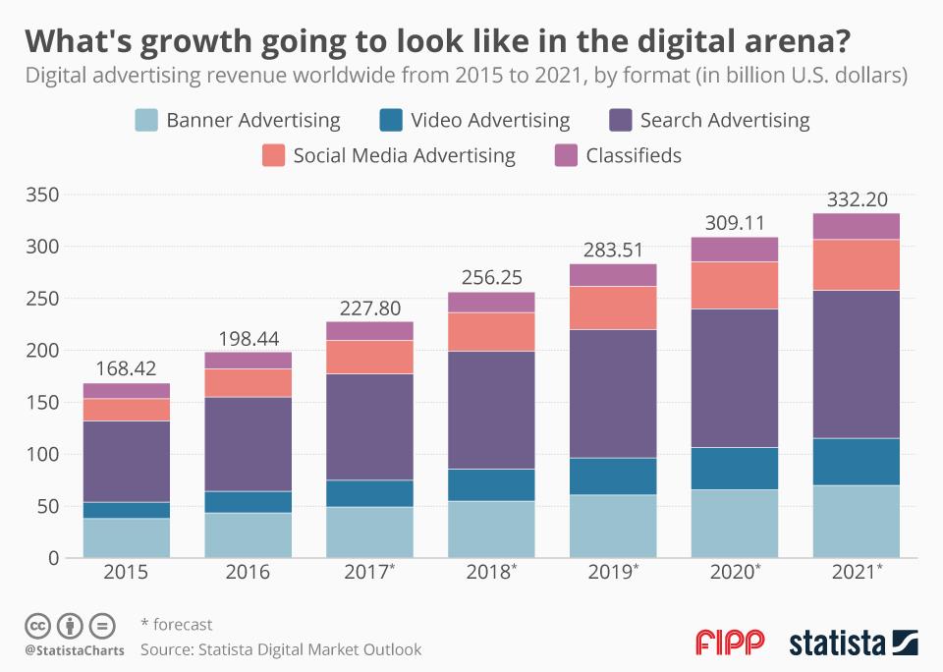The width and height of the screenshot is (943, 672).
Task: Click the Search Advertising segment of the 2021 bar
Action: [x=856, y=364]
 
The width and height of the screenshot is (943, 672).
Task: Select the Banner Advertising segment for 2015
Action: [x=126, y=537]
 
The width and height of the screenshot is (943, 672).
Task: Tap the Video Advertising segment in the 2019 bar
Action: [x=612, y=476]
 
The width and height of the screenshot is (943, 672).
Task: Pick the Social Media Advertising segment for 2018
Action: [x=491, y=331]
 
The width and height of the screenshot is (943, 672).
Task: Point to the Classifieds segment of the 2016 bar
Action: [x=248, y=360]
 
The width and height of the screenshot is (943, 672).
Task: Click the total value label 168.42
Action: [x=126, y=369]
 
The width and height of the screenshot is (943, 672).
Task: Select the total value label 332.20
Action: [x=856, y=199]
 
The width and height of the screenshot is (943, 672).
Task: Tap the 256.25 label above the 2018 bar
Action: [x=491, y=278]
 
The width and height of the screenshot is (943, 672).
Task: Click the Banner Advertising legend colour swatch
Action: [x=146, y=121]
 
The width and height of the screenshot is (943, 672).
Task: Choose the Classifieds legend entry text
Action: [x=633, y=155]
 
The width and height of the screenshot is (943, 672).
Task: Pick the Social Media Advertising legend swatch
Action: [x=273, y=155]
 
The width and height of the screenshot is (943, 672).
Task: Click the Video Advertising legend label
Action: [x=490, y=121]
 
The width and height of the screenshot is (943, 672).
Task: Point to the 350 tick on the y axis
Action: [x=44, y=195]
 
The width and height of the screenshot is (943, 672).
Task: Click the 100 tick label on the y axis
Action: [x=44, y=454]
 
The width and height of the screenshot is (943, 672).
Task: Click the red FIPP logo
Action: [x=730, y=644]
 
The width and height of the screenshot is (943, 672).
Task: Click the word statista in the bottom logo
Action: [x=834, y=644]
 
